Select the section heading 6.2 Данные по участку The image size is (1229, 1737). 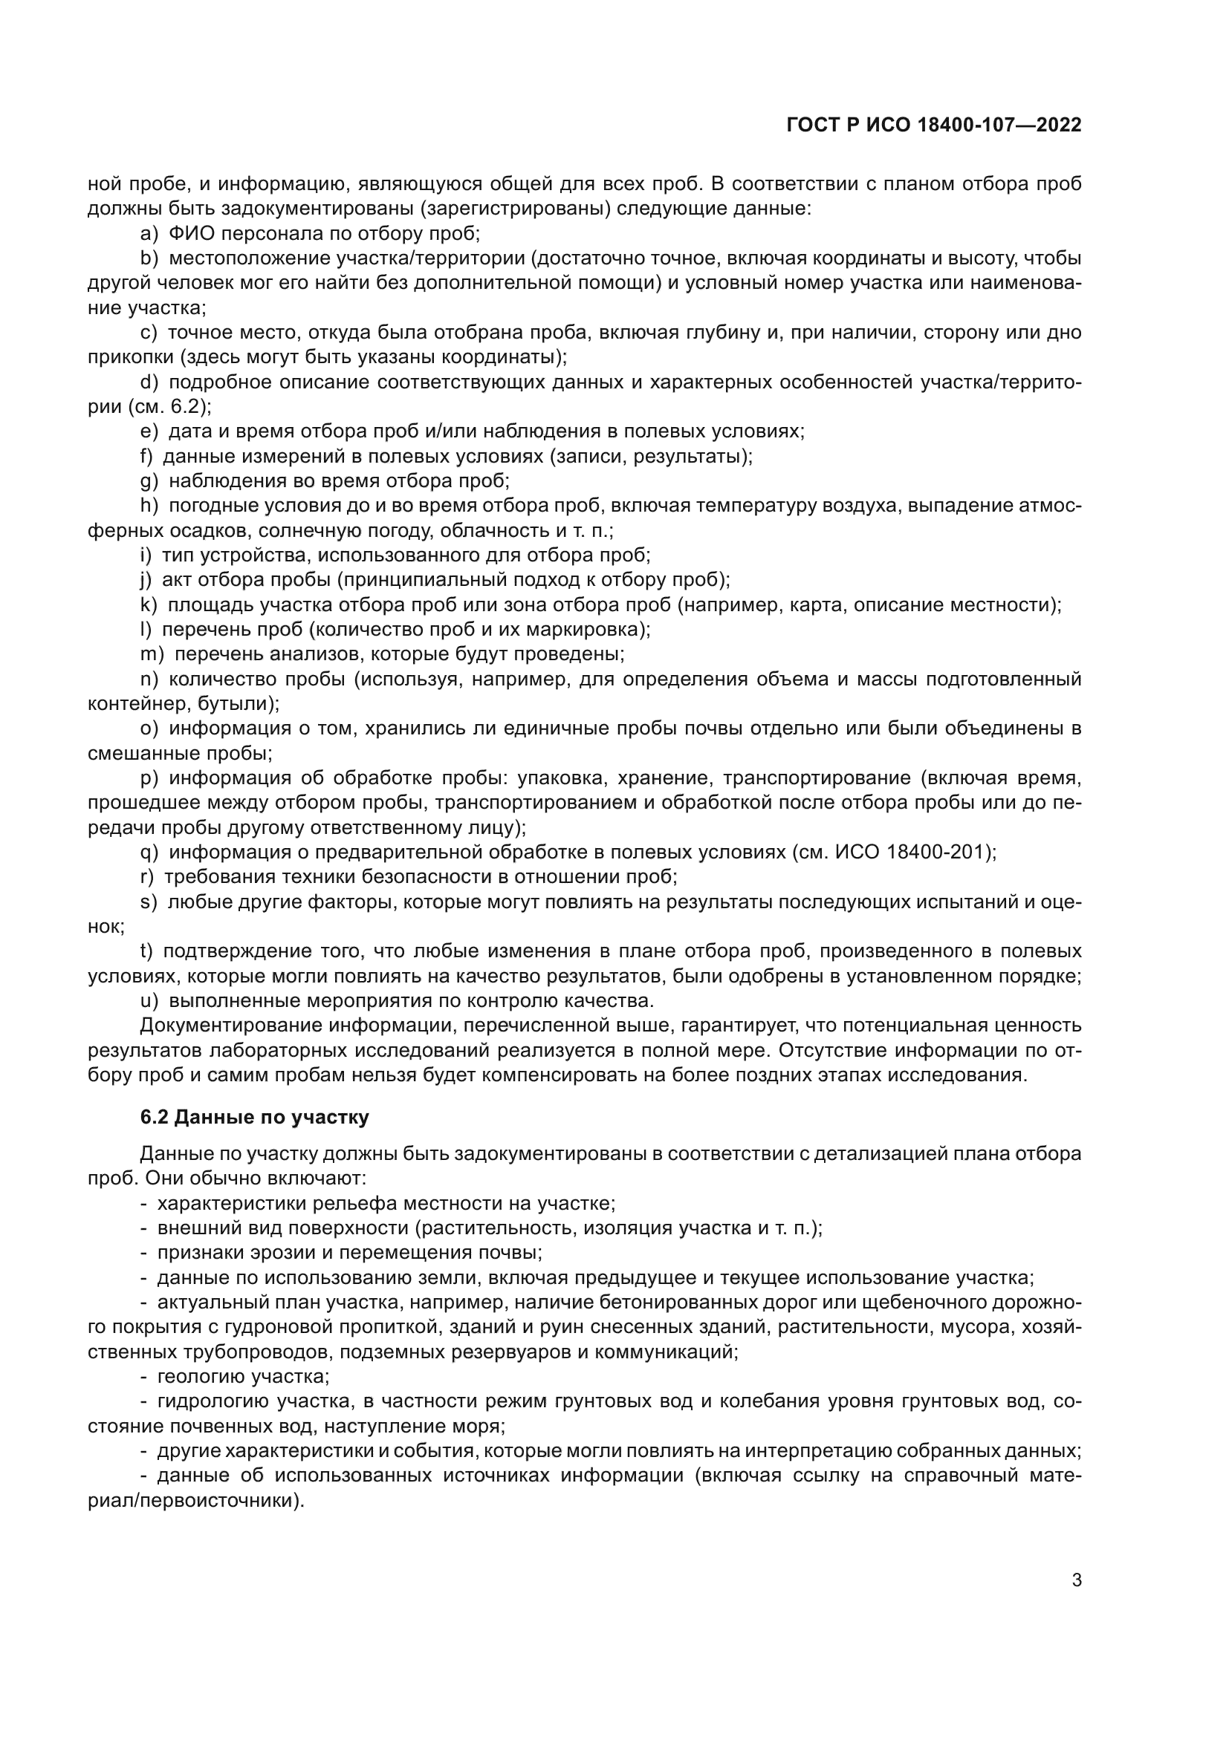[x=255, y=1118]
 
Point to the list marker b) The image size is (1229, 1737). [x=149, y=258]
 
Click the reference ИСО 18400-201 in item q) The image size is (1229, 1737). [x=912, y=852]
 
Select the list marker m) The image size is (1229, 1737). [x=152, y=654]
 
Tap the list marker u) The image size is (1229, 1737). [x=149, y=1000]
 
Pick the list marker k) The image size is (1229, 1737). [x=149, y=604]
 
